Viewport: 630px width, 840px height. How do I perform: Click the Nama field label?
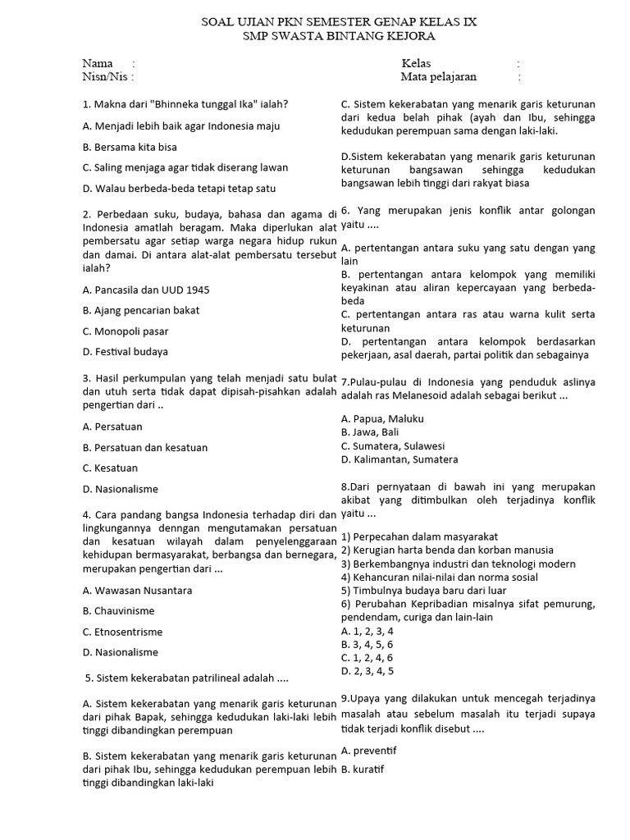pos(98,63)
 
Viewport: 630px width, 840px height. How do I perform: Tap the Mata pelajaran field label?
pos(438,77)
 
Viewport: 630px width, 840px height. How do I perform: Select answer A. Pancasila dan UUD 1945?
pos(140,290)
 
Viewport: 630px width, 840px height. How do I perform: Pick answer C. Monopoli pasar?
pos(126,331)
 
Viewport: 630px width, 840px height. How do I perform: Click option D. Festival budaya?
pos(126,352)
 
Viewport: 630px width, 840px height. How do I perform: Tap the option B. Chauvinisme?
pos(118,611)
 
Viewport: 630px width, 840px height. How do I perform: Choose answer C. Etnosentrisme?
pos(122,632)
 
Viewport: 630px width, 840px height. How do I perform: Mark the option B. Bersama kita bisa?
pos(130,147)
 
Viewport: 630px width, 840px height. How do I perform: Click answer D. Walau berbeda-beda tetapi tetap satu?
pos(168,188)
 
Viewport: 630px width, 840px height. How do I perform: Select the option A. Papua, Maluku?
pos(382,418)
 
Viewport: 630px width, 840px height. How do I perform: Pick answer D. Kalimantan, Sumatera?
pos(399,459)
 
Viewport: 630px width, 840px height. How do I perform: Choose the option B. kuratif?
pos(363,769)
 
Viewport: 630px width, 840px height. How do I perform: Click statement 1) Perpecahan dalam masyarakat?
pos(419,536)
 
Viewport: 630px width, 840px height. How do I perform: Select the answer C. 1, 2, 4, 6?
pos(367,658)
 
